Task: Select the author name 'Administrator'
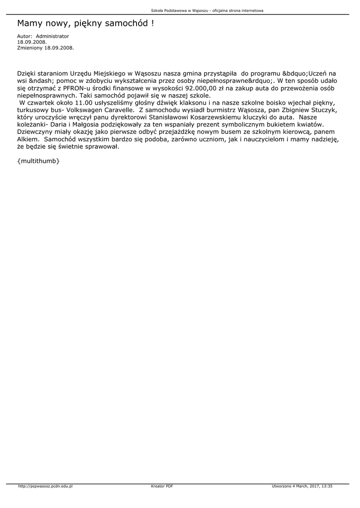[53, 36]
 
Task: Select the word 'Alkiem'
[28, 139]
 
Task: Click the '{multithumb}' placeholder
[38, 161]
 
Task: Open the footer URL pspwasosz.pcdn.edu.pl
[45, 486]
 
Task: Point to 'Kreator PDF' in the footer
[162, 486]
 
